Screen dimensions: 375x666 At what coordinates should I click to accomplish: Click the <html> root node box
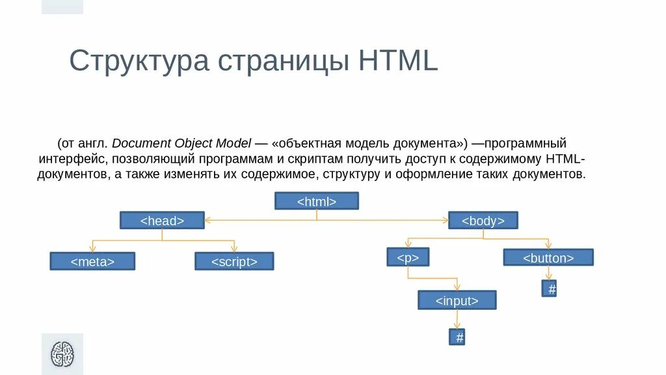pos(317,201)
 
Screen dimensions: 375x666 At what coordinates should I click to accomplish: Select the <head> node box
pos(162,221)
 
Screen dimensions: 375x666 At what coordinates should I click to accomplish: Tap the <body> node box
pos(483,221)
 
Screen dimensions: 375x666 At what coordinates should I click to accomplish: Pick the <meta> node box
pos(92,261)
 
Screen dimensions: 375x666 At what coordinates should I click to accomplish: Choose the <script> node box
pos(234,261)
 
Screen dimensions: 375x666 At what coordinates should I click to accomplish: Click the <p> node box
pos(408,257)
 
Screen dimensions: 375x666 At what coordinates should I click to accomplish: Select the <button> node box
pos(548,257)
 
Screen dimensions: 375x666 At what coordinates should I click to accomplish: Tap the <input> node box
pos(457,300)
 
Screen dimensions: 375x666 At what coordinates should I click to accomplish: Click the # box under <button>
pos(550,289)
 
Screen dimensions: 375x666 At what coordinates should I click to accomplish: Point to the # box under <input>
pos(457,337)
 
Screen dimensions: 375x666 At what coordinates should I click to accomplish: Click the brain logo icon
pos(62,354)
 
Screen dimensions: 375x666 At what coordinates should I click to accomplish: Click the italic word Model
pos(235,143)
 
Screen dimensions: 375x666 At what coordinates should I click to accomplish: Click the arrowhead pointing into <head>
pos(207,221)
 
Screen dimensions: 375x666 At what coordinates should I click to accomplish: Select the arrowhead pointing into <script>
pos(234,249)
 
